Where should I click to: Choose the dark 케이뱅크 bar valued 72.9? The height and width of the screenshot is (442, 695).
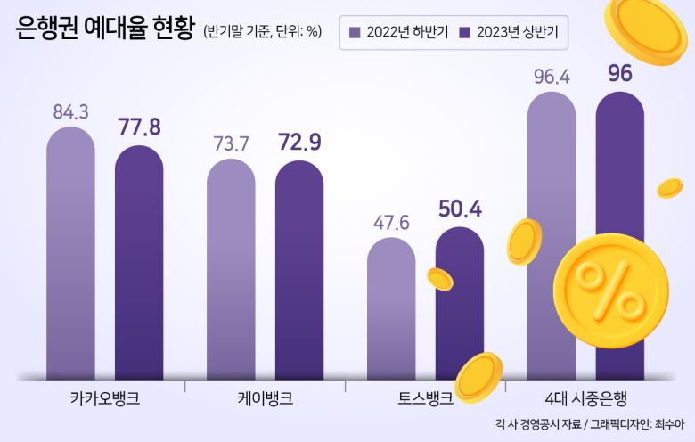[x=299, y=271]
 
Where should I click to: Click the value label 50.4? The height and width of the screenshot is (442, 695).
[x=460, y=209]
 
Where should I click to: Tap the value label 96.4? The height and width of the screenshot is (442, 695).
[x=552, y=77]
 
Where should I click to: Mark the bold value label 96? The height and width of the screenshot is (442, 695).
[x=619, y=74]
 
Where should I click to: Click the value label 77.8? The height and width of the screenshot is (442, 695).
[x=139, y=127]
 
